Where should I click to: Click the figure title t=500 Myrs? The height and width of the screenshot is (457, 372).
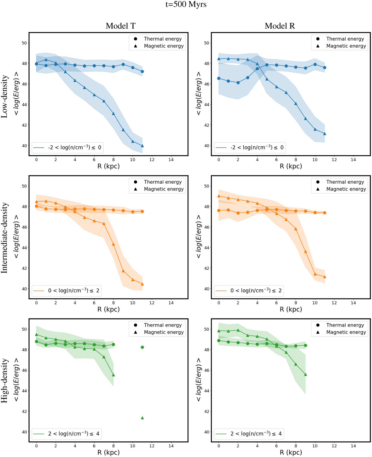pyautogui.click(x=186, y=4)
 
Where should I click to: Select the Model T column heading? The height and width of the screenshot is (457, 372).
pyautogui.click(x=121, y=26)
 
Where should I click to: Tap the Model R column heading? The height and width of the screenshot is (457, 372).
pyautogui.click(x=280, y=26)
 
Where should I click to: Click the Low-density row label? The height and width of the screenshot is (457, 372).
pyautogui.click(x=4, y=96)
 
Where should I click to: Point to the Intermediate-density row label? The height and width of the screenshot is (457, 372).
pyautogui.click(x=4, y=238)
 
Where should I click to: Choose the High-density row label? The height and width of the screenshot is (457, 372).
pyautogui.click(x=4, y=381)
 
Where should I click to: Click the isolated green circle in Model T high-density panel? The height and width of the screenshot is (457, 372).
pyautogui.click(x=142, y=347)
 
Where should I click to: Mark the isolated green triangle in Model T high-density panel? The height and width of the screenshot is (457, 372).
pyautogui.click(x=142, y=418)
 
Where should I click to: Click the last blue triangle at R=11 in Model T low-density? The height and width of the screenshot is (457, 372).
pyautogui.click(x=142, y=146)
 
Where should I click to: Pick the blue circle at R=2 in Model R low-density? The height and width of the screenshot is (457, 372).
pyautogui.click(x=238, y=83)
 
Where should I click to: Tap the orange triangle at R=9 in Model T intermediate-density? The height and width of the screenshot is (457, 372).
pyautogui.click(x=123, y=271)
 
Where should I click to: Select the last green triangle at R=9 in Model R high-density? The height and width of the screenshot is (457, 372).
pyautogui.click(x=305, y=374)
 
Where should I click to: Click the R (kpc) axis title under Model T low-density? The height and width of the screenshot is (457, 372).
pyautogui.click(x=108, y=166)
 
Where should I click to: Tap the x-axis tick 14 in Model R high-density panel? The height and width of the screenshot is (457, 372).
pyautogui.click(x=353, y=446)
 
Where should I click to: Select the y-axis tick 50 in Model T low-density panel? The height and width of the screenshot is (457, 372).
pyautogui.click(x=24, y=43)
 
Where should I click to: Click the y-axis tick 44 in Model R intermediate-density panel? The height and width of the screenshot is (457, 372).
pyautogui.click(x=206, y=248)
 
